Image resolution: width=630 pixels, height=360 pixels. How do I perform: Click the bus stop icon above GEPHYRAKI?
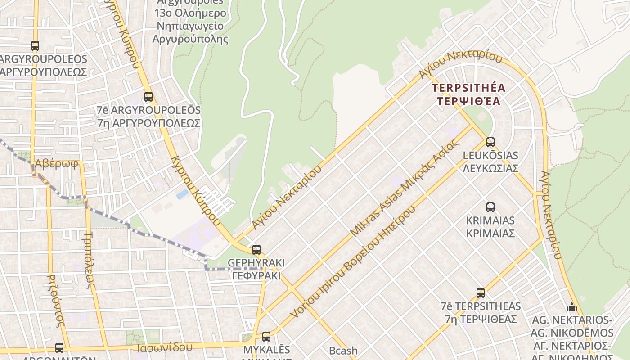coord(256,249)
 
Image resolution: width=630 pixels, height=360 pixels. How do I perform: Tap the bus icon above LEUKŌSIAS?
coord(490,142)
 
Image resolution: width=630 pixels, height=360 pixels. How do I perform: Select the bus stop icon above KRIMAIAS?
coord(490,207)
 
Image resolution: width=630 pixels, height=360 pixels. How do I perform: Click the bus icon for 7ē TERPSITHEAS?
coord(481,293)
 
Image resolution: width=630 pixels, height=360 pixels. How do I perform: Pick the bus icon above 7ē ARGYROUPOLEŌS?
coord(148,96)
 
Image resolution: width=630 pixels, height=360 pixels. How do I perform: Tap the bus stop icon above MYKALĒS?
coord(266,336)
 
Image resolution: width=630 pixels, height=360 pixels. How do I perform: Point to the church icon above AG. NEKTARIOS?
coord(572,307)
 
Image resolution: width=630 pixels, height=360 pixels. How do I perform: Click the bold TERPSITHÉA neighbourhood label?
coord(468,88)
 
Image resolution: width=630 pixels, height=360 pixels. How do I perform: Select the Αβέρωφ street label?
coord(57,163)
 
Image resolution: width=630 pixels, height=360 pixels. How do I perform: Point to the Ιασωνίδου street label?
coord(165,347)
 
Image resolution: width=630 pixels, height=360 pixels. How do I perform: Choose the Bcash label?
coord(343,350)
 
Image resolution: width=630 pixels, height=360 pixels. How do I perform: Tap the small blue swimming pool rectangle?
coord(183,194)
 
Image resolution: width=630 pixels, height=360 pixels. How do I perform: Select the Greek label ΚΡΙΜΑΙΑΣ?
coord(490,234)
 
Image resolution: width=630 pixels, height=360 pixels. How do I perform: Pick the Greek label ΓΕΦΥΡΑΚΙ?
coord(256,275)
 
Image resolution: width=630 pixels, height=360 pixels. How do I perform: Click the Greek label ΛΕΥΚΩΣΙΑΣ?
coord(490,168)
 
